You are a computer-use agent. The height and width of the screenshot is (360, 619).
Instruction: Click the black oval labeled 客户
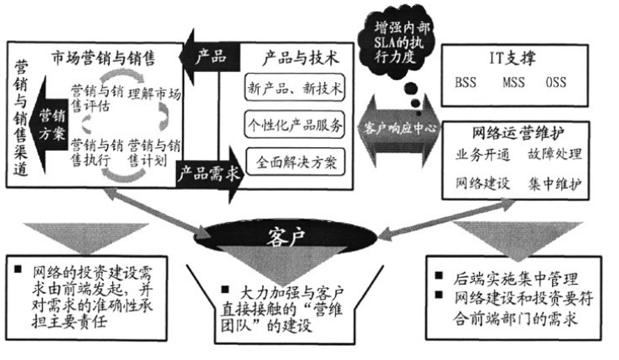coord(309,231)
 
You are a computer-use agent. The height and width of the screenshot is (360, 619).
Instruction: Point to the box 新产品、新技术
coord(293,87)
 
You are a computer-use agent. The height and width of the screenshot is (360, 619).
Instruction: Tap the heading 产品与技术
coord(295,58)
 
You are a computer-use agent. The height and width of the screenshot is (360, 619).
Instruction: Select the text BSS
coord(466,84)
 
